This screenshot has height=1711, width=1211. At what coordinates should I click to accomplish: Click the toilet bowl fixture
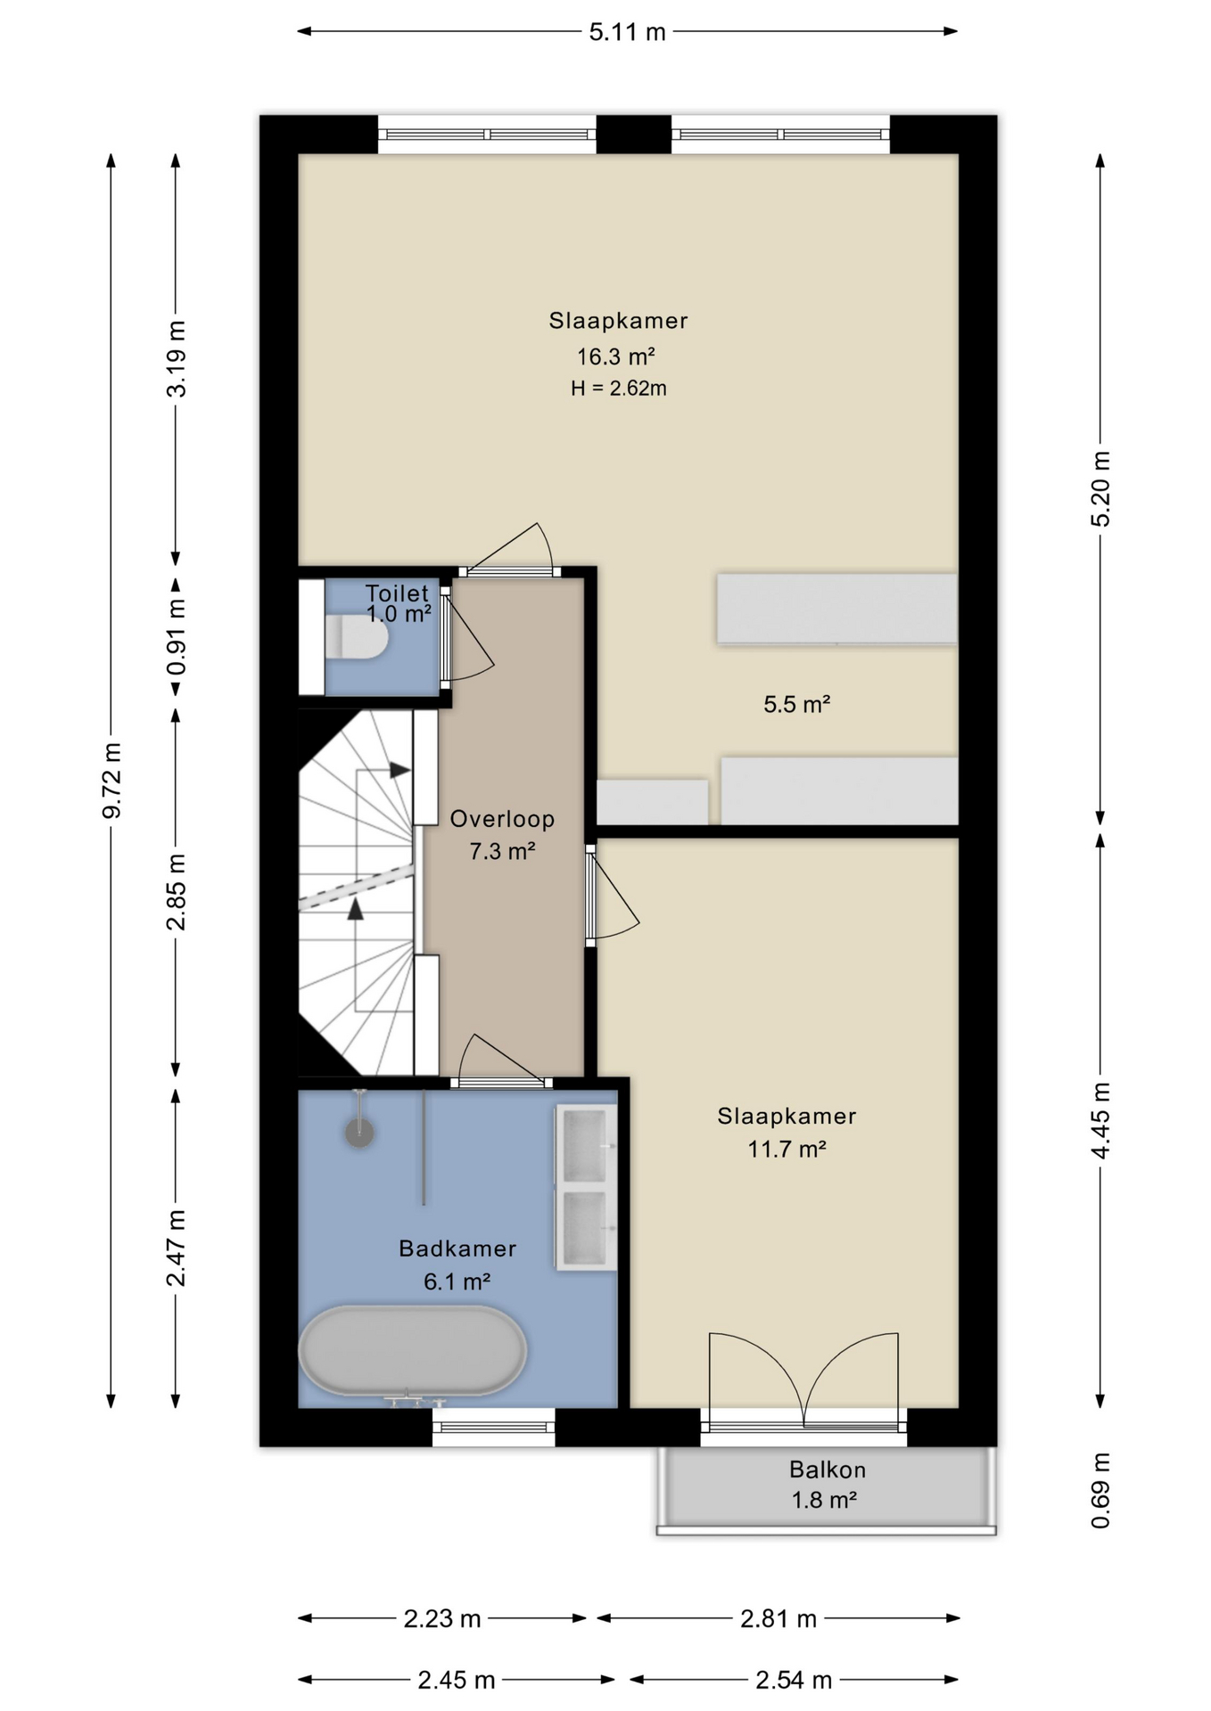coord(357,638)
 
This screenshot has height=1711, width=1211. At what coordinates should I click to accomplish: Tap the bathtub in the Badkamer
coord(412,1351)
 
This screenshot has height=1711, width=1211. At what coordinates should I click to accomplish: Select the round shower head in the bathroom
coord(359,1133)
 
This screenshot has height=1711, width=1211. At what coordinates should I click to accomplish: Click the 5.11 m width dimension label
coord(627,32)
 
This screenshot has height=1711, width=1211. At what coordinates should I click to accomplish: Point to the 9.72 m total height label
coord(111,780)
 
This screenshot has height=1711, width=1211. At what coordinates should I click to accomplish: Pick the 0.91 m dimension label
coord(176,636)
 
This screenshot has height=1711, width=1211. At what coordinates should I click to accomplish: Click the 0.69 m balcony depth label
coord(1100,1491)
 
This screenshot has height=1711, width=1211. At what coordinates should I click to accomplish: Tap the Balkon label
coord(827,1469)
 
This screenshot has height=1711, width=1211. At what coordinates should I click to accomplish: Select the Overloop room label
coord(502,819)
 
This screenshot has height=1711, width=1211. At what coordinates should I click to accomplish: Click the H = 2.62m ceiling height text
coord(619,389)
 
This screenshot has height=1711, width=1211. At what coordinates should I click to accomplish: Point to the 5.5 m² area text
coord(796,705)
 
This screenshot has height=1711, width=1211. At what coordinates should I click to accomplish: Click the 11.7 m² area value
coord(787,1149)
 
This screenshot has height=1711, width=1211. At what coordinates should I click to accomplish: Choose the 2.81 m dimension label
coord(778,1619)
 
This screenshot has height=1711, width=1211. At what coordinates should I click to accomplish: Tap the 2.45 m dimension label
coord(456,1681)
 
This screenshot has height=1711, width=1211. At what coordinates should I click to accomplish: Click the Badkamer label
coord(457,1248)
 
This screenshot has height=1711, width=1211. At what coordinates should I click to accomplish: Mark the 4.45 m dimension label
coord(1100,1121)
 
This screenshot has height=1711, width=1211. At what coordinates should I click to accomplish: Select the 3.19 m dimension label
coord(176,358)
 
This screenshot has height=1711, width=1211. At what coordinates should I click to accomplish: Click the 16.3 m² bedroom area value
coord(615,356)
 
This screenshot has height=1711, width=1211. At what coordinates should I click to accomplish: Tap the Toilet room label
coord(397,594)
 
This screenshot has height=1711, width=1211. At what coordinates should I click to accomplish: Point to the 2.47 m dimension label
coord(176,1248)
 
